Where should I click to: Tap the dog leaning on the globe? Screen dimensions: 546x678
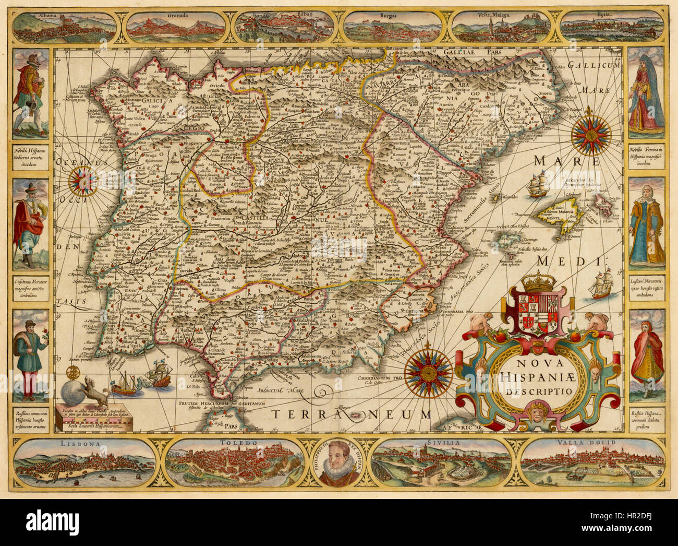click(x=96, y=389)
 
